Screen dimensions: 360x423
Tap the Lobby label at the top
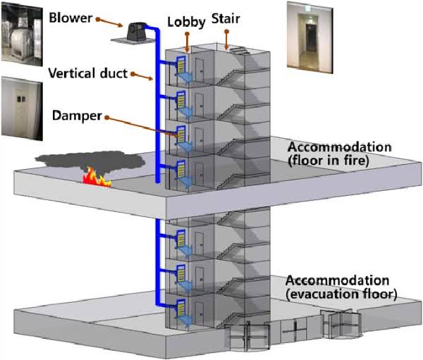pyautogui.click(x=186, y=22)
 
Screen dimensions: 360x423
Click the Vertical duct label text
pyautogui.click(x=87, y=73)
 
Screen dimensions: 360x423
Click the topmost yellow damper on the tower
pyautogui.click(x=181, y=66)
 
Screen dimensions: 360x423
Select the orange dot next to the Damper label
pyautogui.click(x=107, y=118)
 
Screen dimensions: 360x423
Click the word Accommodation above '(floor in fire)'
pyautogui.click(x=339, y=147)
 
